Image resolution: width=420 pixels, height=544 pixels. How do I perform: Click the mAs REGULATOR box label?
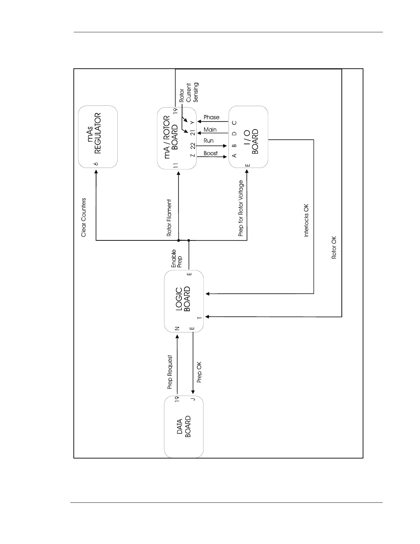coord(93,133)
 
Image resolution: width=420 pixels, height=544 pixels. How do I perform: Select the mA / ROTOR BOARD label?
coord(171,137)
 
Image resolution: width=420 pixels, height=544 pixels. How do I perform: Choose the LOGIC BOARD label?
coord(183,299)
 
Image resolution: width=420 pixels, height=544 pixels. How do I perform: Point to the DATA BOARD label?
coord(184,427)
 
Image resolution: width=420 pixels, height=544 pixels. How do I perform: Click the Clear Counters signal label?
coord(84,217)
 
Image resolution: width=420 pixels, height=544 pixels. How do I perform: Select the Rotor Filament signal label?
coord(169,218)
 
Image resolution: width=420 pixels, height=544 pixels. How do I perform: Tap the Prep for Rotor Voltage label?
coord(241,208)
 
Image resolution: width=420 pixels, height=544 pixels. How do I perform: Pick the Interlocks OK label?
coord(306,220)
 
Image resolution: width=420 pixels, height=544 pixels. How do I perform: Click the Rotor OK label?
coord(334,247)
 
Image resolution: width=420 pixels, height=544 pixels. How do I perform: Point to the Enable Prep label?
coord(177,259)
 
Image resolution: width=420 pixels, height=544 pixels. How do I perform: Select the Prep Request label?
coord(170,372)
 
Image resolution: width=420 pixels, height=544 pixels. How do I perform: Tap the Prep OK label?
coord(199,372)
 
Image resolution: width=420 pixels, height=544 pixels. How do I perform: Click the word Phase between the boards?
coord(211,117)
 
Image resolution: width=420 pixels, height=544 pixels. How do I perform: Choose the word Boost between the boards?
coord(210,153)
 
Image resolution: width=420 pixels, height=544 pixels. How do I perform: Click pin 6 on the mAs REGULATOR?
coord(96,163)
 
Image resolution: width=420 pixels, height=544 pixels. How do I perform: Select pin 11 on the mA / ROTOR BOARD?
coord(176,165)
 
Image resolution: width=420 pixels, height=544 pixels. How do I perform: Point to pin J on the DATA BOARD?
coord(193,399)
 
